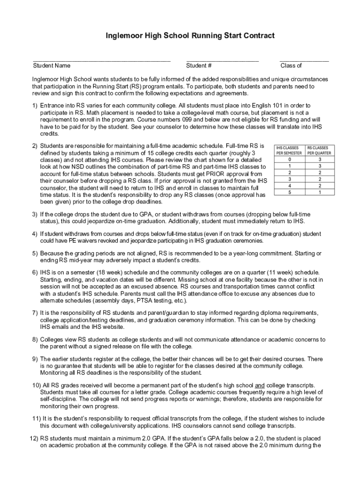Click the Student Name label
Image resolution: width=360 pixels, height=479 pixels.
(x=51, y=65)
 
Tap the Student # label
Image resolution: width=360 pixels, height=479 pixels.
(x=199, y=65)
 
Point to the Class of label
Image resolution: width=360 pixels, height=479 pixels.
(x=291, y=65)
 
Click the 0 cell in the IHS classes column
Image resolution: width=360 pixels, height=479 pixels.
(x=290, y=159)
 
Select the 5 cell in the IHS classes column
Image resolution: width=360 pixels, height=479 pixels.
(x=290, y=192)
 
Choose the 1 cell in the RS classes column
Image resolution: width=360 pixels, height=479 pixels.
(x=319, y=192)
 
